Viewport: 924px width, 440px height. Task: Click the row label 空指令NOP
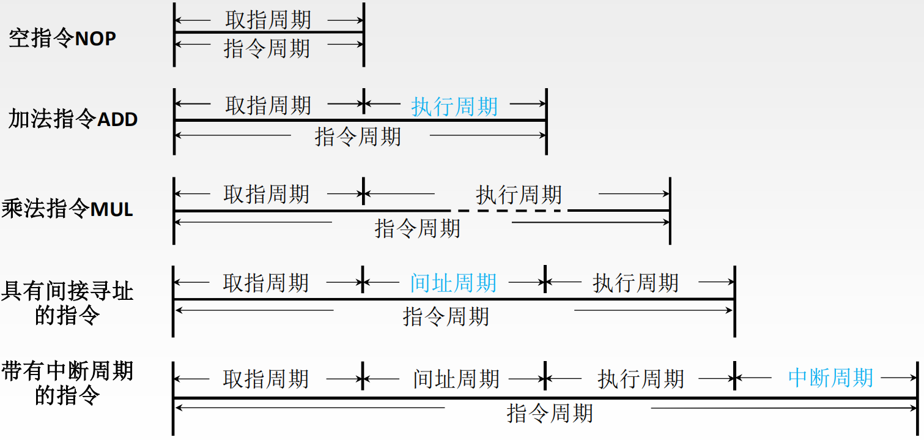pyautogui.click(x=62, y=39)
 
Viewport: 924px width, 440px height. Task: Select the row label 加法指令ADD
pyautogui.click(x=73, y=118)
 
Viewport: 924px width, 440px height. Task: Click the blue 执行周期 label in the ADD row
pyautogui.click(x=454, y=107)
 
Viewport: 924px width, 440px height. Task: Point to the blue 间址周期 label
pyautogui.click(x=453, y=283)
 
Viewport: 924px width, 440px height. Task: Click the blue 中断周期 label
pyautogui.click(x=830, y=378)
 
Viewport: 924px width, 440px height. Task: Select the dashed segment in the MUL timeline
pyautogui.click(x=508, y=211)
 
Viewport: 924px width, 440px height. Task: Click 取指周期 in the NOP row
pyautogui.click(x=268, y=20)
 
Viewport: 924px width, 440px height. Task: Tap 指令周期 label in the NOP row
pyautogui.click(x=267, y=48)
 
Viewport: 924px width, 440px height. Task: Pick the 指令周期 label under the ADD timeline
pyautogui.click(x=358, y=136)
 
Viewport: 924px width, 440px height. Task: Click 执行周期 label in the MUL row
pyautogui.click(x=519, y=195)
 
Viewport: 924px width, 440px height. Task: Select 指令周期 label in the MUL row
pyautogui.click(x=418, y=228)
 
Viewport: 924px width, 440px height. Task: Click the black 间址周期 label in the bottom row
pyautogui.click(x=456, y=379)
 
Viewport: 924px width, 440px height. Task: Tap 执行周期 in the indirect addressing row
pyautogui.click(x=636, y=283)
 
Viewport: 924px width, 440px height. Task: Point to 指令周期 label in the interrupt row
pyautogui.click(x=550, y=414)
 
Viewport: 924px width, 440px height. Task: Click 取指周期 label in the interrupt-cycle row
pyautogui.click(x=266, y=379)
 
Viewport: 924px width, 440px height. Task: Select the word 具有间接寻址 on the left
pyautogui.click(x=67, y=290)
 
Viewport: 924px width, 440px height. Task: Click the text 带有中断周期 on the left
pyautogui.click(x=67, y=371)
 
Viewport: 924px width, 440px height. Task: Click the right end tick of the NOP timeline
pyautogui.click(x=364, y=34)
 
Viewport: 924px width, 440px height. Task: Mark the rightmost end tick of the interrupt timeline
pyautogui.click(x=917, y=398)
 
